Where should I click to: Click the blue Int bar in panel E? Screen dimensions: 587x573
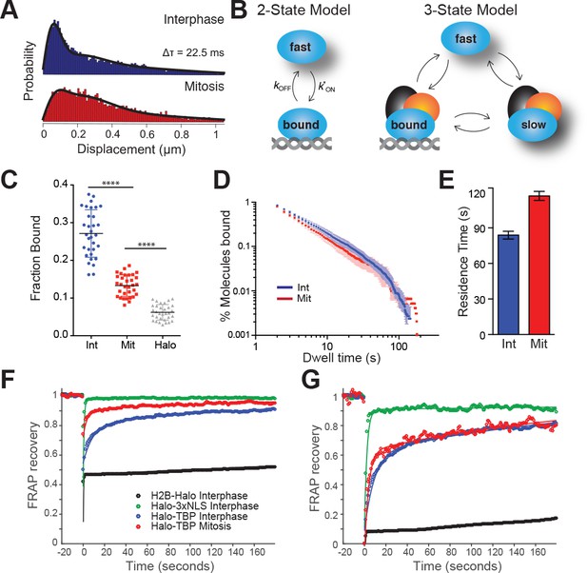508,285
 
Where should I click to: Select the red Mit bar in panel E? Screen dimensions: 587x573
539,265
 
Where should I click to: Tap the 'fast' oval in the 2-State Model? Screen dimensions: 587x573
301,47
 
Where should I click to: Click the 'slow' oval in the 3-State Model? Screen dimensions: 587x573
533,125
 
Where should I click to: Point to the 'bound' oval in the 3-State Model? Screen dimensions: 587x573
409,124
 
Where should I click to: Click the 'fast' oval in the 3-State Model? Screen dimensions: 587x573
465,38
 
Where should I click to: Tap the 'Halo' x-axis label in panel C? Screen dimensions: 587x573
166,345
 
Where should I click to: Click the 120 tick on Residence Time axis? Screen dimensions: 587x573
478,193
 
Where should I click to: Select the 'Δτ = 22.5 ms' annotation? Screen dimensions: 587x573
193,52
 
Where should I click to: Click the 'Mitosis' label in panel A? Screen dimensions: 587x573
204,87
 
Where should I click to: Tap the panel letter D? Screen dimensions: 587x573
222,181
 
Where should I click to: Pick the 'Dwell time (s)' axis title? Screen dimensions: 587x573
342,358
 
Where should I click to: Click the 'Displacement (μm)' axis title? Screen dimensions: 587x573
131,149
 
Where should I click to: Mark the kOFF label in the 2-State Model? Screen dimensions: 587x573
283,87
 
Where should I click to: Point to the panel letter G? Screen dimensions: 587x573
311,381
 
